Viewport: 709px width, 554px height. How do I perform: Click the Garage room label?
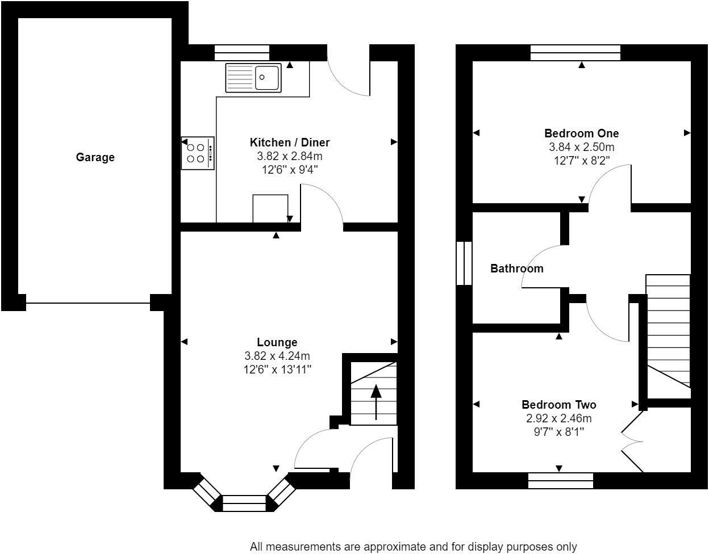(95, 157)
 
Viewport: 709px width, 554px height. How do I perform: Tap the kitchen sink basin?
(267, 77)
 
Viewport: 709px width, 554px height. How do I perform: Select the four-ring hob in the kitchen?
(198, 153)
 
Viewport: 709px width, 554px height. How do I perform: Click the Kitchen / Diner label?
(290, 142)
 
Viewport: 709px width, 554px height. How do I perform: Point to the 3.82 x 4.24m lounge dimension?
(277, 355)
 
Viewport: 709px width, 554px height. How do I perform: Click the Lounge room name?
(277, 342)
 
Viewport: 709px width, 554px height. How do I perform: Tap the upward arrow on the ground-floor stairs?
(376, 402)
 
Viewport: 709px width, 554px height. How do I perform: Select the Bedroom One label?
(581, 133)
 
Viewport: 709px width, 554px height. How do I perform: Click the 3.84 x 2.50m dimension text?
(581, 147)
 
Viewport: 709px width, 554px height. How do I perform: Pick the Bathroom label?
(517, 268)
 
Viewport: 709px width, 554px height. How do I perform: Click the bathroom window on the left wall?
(464, 263)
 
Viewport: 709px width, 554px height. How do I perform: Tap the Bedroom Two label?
(559, 405)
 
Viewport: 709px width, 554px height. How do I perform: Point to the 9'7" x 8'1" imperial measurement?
(559, 432)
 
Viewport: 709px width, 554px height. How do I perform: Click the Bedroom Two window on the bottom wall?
(561, 481)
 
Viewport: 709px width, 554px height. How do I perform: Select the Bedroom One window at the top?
(575, 53)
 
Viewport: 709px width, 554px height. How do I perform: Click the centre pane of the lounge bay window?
(244, 503)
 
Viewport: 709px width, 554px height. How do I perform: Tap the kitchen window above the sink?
(242, 53)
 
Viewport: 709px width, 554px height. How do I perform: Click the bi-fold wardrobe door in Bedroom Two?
(632, 441)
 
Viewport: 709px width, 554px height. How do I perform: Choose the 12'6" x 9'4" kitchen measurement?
(290, 170)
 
